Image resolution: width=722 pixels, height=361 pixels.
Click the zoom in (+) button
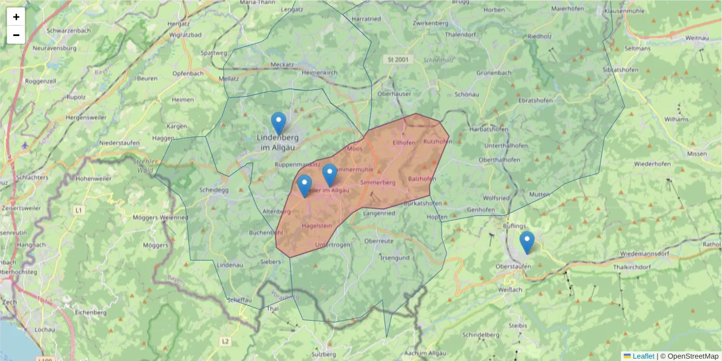tap(16, 17)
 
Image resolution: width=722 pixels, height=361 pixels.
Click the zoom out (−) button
tap(16, 35)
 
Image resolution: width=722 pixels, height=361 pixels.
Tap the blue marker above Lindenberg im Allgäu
tap(278, 123)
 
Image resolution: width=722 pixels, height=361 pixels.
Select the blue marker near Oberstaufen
tap(526, 242)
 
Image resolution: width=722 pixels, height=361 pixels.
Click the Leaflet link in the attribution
tap(643, 356)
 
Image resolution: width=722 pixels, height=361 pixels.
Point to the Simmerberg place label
tap(377, 182)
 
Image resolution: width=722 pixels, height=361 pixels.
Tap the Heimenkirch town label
tap(316, 72)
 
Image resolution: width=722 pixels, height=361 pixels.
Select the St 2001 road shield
tap(398, 59)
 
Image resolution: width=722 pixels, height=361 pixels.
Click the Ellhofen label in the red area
tap(403, 143)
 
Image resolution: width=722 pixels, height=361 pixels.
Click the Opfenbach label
tap(188, 73)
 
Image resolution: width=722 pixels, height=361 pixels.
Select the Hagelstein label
tap(316, 226)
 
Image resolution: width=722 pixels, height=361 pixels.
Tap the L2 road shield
tap(225, 341)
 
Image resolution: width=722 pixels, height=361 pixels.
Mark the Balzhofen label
tap(422, 179)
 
